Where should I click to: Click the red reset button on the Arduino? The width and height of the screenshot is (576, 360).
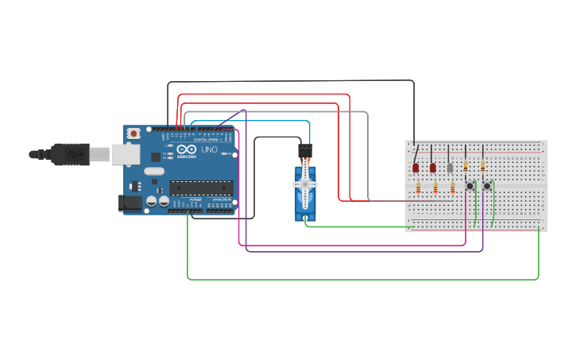pos(134,133)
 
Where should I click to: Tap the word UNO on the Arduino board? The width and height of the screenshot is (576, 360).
pos(209,149)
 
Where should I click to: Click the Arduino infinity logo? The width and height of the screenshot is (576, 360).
pos(187,149)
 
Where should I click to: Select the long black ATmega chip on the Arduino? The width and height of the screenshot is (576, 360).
pos(201,188)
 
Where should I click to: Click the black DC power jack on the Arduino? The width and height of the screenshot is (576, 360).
pos(130,203)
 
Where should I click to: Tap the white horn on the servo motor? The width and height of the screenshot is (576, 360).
pos(305,185)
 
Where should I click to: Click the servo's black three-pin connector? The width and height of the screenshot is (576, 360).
pos(306,149)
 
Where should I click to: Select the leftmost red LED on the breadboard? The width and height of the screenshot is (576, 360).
pos(416,168)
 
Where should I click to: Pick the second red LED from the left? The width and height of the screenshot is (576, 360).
pos(433,168)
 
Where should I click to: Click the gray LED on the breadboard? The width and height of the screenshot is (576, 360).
pos(450,168)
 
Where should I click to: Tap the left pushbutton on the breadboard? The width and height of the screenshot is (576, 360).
pos(470,186)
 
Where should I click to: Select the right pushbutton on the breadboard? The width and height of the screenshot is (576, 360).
pos(487,186)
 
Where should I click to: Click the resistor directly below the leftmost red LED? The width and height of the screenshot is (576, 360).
pos(419,188)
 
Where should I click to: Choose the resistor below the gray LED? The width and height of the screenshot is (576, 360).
pos(453,188)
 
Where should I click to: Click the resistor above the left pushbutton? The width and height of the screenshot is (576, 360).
pos(466,165)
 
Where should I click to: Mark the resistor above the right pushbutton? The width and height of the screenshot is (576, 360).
pos(483,165)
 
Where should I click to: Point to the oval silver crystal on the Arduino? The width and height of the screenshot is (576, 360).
pos(154,171)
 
